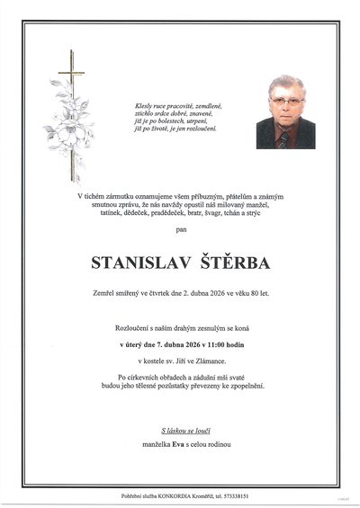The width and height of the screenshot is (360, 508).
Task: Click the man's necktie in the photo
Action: tap(283, 138)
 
